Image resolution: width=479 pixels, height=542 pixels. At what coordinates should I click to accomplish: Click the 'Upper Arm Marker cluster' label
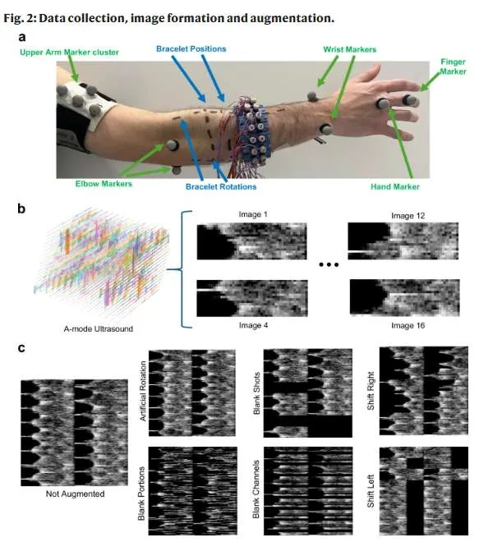(x=69, y=53)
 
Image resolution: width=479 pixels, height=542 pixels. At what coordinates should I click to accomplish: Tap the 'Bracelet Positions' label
(x=191, y=49)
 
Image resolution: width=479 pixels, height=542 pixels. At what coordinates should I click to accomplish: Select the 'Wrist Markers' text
(x=349, y=49)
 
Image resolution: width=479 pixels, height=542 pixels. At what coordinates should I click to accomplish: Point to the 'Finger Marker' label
(x=453, y=67)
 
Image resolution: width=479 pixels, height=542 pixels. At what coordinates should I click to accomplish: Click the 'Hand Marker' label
(x=395, y=187)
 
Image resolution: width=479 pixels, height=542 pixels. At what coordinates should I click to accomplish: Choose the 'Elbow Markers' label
(x=104, y=184)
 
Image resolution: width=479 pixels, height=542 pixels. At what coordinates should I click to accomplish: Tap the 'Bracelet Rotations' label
(x=221, y=187)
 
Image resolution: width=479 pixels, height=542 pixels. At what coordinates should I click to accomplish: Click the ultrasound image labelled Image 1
(x=251, y=241)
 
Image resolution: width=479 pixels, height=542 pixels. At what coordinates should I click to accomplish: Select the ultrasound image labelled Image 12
(x=403, y=241)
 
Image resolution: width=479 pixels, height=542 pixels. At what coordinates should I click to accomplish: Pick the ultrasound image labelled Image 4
(x=252, y=298)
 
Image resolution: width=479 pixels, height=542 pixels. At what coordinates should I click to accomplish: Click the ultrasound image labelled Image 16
(x=405, y=297)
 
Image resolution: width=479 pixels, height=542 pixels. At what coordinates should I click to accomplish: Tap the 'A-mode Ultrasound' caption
(x=99, y=328)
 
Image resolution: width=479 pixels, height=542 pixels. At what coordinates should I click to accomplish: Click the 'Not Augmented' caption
(x=75, y=494)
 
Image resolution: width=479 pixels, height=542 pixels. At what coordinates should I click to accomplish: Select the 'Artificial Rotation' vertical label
(x=142, y=391)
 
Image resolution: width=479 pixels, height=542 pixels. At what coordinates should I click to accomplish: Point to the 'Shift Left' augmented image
(x=424, y=490)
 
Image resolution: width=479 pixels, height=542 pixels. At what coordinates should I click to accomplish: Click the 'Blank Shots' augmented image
(x=308, y=393)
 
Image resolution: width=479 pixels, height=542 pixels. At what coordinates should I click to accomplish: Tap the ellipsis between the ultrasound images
(x=329, y=265)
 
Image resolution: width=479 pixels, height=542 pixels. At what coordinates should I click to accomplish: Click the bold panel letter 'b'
(x=21, y=209)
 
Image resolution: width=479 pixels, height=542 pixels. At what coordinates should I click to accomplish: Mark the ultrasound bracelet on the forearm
(x=252, y=130)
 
